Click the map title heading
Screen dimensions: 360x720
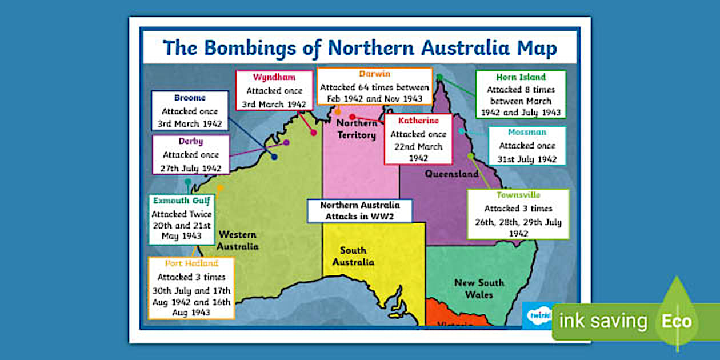pos(359,48)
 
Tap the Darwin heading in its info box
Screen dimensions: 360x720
pos(374,74)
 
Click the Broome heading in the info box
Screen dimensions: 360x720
pos(190,98)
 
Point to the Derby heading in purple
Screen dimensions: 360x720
pos(190,141)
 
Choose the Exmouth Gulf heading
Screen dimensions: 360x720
pos(182,201)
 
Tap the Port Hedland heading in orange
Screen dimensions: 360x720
pos(191,263)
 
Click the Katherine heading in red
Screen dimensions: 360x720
pos(418,121)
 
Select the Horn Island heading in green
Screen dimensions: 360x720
pos(521,77)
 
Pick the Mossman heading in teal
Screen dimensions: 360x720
pos(527,132)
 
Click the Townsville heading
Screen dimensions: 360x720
pos(518,195)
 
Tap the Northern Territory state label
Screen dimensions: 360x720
pos(357,129)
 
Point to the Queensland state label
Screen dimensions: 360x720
pos(451,174)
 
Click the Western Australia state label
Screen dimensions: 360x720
pos(237,240)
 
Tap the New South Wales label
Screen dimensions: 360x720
pos(479,289)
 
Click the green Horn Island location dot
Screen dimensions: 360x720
pos(439,77)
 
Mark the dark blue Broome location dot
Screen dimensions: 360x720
pos(274,157)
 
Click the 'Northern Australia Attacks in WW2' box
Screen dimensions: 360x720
pos(360,211)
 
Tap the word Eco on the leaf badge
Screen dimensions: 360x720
pos(677,321)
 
